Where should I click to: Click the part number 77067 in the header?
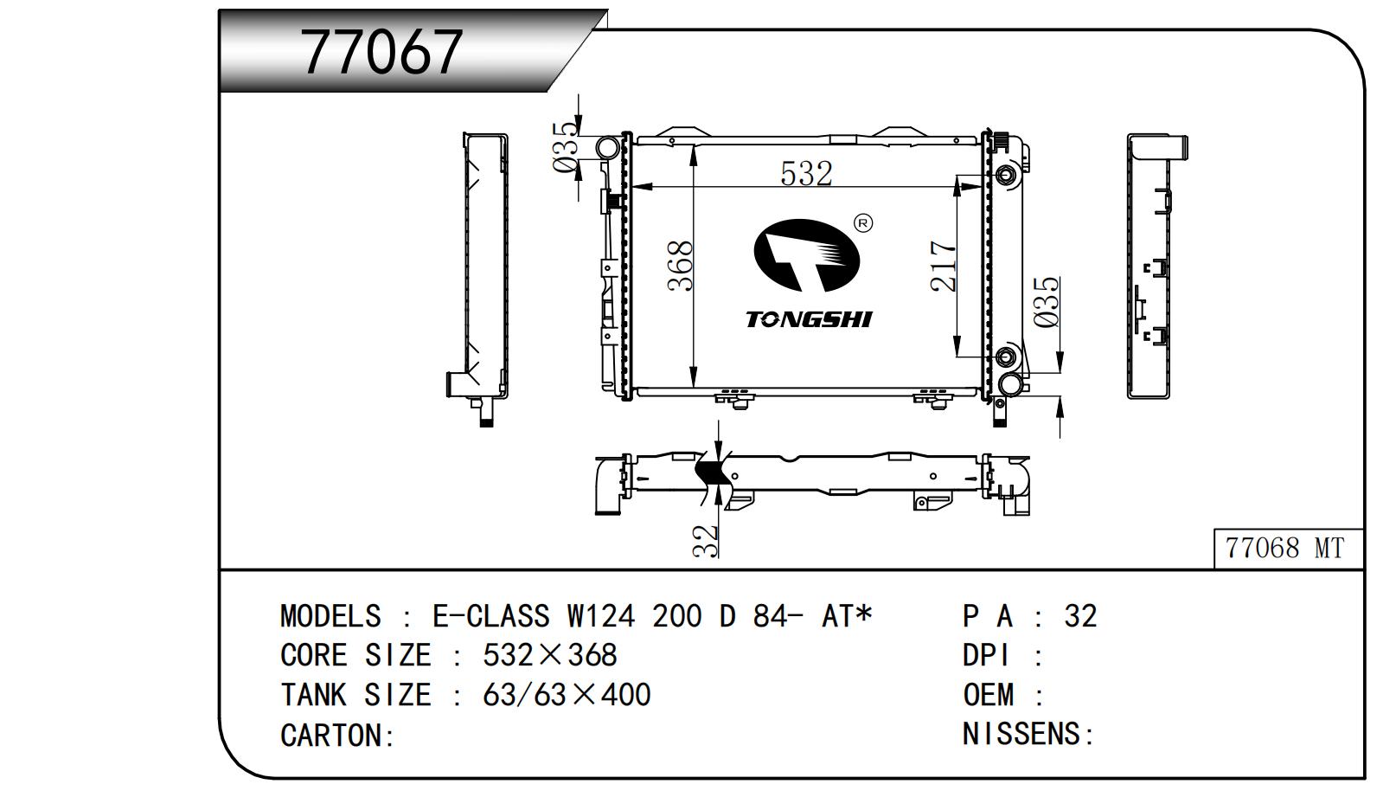pyautogui.click(x=382, y=52)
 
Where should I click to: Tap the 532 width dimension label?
pyautogui.click(x=805, y=173)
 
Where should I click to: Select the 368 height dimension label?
pyautogui.click(x=682, y=266)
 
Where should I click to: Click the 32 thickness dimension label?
pyautogui.click(x=707, y=540)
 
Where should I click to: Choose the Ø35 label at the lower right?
pyautogui.click(x=1047, y=302)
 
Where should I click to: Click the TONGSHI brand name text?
pyautogui.click(x=809, y=319)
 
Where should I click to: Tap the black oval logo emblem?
pyautogui.click(x=806, y=255)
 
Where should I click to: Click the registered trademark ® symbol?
pyautogui.click(x=862, y=223)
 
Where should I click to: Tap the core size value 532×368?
pyautogui.click(x=549, y=655)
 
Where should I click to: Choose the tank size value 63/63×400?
pyautogui.click(x=567, y=694)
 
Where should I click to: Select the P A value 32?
pyautogui.click(x=1080, y=616)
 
